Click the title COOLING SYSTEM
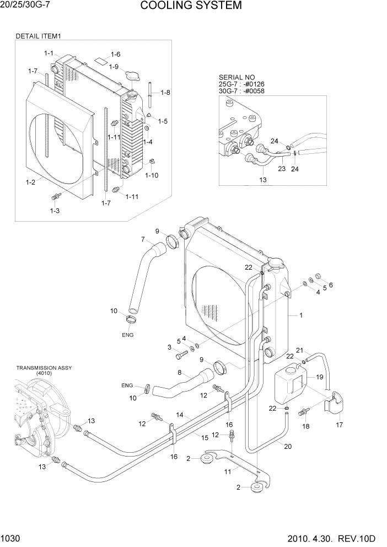click(x=191, y=6)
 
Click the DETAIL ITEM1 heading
click(x=38, y=36)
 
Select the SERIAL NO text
click(x=234, y=77)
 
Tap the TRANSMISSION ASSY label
click(x=44, y=368)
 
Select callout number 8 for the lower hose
click(x=179, y=373)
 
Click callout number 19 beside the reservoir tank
click(x=319, y=377)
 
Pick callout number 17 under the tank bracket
click(x=340, y=425)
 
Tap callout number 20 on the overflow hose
click(x=287, y=447)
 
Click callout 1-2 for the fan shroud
click(x=31, y=181)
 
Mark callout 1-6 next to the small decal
click(x=115, y=54)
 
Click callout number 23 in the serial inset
click(x=281, y=169)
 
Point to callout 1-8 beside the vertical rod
click(x=165, y=93)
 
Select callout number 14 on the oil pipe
click(x=179, y=415)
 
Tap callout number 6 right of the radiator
click(x=331, y=285)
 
